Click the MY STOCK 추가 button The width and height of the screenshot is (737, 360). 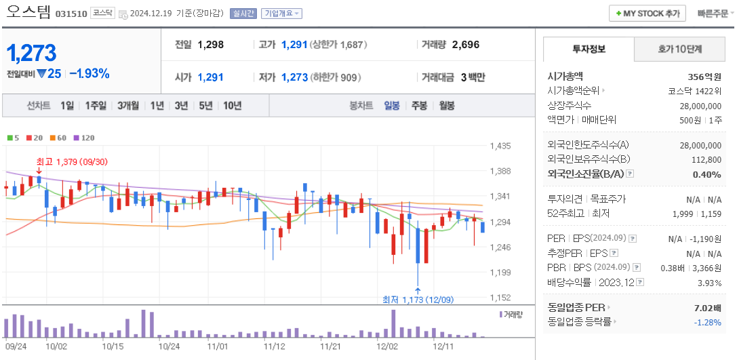[647, 14]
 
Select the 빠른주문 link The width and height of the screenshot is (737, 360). [711, 14]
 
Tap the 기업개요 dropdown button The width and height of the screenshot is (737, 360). [281, 14]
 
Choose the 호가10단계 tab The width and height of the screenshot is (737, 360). [680, 49]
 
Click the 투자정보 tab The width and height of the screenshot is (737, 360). [589, 49]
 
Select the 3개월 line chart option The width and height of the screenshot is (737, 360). [128, 105]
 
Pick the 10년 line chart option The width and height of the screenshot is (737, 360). [232, 105]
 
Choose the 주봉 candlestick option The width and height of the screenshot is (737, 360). [419, 105]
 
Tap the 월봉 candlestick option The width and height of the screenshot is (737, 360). [446, 105]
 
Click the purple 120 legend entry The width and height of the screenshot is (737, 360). [84, 138]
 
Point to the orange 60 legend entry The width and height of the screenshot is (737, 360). [58, 138]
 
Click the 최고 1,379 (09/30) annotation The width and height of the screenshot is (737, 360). [72, 161]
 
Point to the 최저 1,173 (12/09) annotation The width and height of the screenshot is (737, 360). [418, 299]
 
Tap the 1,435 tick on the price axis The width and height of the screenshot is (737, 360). [500, 146]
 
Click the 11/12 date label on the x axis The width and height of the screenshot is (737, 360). [274, 346]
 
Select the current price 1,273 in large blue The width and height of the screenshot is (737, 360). [31, 53]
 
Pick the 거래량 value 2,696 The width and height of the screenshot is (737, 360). [465, 45]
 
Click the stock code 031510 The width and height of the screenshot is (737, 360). [71, 14]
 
